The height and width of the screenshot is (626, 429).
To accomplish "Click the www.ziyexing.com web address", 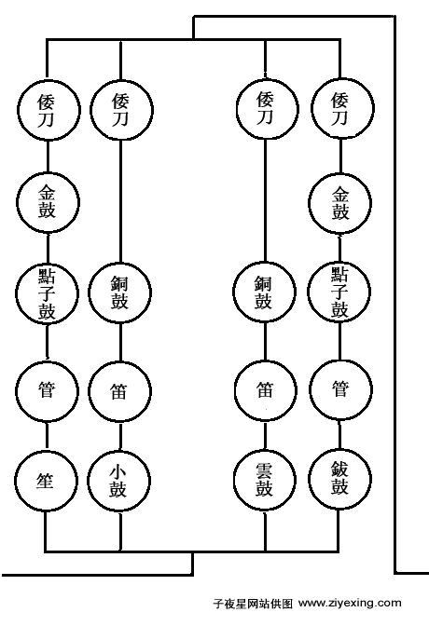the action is click(x=350, y=603).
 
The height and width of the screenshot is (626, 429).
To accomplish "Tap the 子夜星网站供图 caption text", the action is click(x=253, y=603).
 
